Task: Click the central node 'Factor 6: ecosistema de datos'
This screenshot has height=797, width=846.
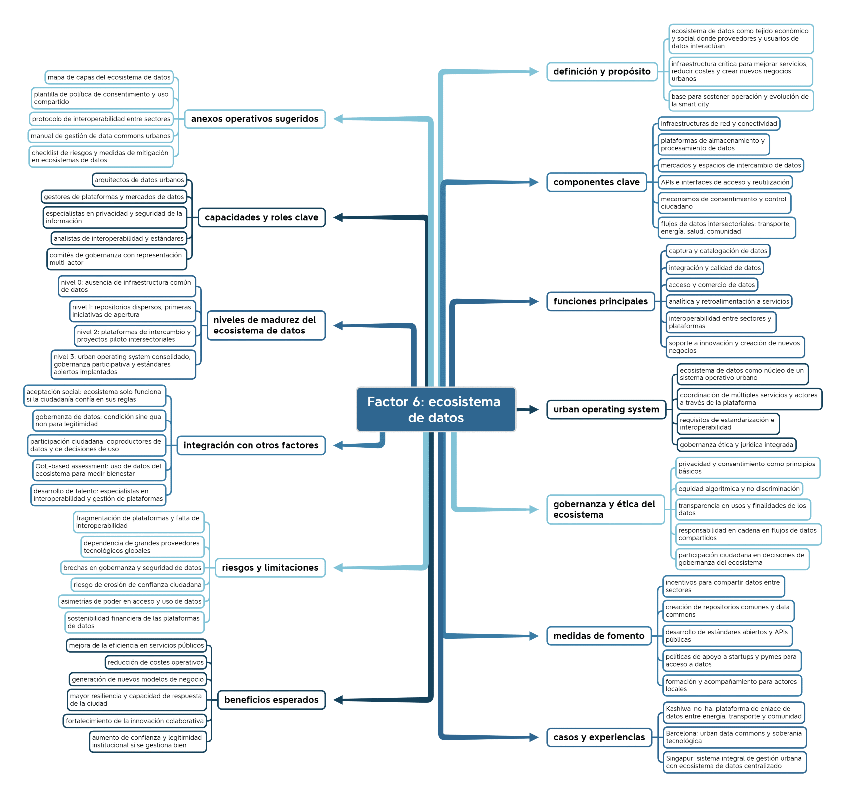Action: [436, 409]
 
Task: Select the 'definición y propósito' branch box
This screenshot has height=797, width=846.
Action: [602, 71]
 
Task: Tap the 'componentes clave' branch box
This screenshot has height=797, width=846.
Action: [596, 182]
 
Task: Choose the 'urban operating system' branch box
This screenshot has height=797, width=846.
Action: [606, 409]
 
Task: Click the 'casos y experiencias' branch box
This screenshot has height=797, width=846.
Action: [599, 737]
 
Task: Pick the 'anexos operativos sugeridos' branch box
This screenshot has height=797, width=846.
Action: [254, 119]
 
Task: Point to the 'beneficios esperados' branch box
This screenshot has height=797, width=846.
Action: [271, 700]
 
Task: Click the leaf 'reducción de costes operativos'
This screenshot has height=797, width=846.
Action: [155, 662]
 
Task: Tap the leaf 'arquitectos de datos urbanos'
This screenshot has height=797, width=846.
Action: [139, 180]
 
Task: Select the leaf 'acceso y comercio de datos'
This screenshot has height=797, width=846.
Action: [711, 285]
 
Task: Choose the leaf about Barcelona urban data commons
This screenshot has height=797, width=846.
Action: [735, 737]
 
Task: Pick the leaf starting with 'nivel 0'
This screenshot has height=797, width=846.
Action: [127, 286]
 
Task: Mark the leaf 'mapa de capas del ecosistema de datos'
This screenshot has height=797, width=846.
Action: [109, 77]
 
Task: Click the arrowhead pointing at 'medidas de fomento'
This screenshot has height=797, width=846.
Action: [534, 636]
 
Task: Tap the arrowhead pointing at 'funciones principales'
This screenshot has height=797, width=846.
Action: [534, 302]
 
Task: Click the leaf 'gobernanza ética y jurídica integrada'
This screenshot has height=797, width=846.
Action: [736, 445]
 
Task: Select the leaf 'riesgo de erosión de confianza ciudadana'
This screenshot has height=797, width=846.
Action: [137, 585]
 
